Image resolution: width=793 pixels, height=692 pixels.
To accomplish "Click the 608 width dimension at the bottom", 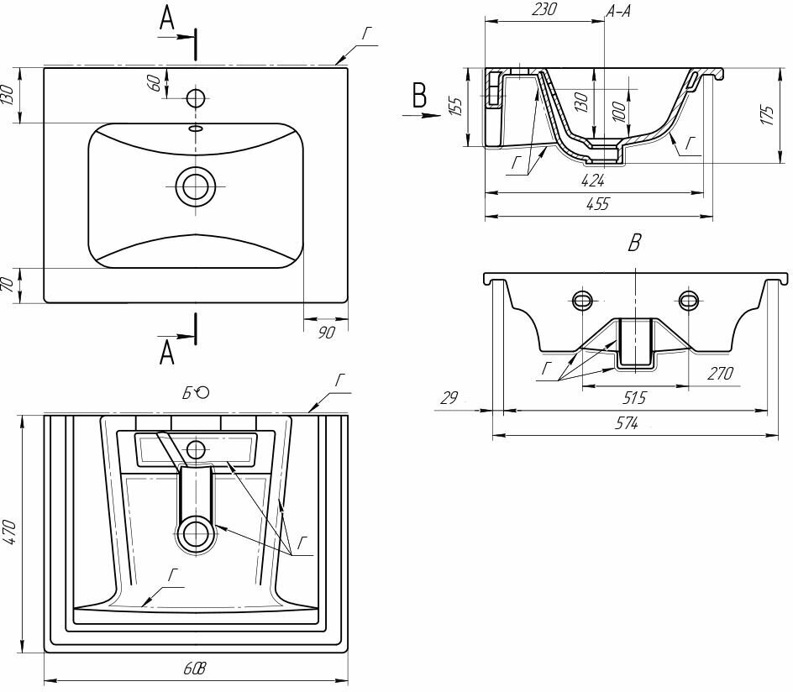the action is [195, 669].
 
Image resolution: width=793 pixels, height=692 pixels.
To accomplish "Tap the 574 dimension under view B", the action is [626, 425].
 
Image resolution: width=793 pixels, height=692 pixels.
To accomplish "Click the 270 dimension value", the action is [721, 373].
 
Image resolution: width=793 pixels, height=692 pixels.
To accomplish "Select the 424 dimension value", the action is [593, 179].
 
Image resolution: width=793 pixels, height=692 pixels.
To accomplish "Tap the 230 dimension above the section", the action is [544, 11].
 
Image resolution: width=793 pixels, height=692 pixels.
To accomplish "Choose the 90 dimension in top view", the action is [327, 333].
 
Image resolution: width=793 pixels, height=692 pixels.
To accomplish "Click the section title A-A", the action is [619, 11].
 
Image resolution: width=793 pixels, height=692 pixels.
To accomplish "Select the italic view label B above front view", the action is [635, 244].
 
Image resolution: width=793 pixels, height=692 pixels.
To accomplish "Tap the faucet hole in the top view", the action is [196, 97].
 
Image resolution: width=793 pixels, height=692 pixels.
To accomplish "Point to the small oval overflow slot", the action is [196, 128].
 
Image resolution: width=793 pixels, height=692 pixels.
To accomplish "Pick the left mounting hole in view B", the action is [582, 300].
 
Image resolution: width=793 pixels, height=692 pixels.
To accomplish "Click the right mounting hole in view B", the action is [689, 300].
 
